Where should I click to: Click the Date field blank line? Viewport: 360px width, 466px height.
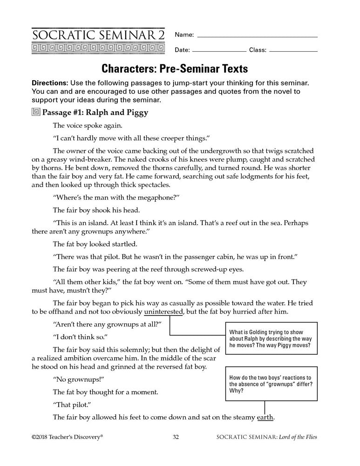tap(219, 50)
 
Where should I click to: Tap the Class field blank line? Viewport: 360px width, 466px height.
tap(293, 50)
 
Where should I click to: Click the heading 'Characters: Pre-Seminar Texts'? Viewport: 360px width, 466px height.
tap(175, 69)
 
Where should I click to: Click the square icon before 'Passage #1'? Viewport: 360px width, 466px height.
tap(36, 112)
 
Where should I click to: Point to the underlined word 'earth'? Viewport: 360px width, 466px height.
tap(265, 417)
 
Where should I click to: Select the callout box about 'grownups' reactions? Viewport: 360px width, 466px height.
tap(271, 384)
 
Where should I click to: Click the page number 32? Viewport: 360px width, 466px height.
tap(176, 437)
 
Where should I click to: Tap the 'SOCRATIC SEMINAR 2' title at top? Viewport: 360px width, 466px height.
tap(98, 34)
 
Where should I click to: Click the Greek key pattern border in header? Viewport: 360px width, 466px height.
tap(98, 48)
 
